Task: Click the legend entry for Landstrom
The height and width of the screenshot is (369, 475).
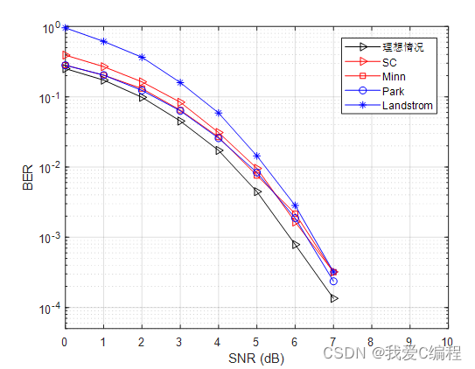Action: pyautogui.click(x=408, y=106)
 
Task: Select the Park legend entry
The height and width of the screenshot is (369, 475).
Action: pyautogui.click(x=395, y=91)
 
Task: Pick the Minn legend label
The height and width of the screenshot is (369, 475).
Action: pyautogui.click(x=395, y=77)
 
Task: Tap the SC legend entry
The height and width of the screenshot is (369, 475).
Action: pyautogui.click(x=390, y=62)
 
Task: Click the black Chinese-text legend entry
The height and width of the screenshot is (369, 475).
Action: pyautogui.click(x=402, y=47)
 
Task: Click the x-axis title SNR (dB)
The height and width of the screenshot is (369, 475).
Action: pyautogui.click(x=255, y=358)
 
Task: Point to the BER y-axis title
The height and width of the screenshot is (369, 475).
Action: pyautogui.click(x=28, y=178)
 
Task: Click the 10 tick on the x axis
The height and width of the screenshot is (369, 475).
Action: pyautogui.click(x=447, y=342)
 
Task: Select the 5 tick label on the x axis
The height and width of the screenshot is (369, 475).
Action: pyautogui.click(x=255, y=342)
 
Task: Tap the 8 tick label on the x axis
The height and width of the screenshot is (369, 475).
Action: pyautogui.click(x=371, y=342)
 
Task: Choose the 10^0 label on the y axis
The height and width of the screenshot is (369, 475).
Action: pyautogui.click(x=46, y=28)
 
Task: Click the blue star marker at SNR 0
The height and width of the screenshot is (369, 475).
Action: pyautogui.click(x=65, y=28)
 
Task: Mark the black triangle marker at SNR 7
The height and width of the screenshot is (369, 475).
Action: pyautogui.click(x=333, y=299)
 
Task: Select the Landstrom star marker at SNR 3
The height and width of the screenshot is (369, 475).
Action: pyautogui.click(x=180, y=83)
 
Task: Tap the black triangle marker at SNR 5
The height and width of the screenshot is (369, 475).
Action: pyautogui.click(x=257, y=191)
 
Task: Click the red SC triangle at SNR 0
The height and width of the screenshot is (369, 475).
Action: pyautogui.click(x=66, y=55)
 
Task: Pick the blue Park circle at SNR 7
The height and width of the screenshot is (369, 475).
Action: pyautogui.click(x=333, y=281)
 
